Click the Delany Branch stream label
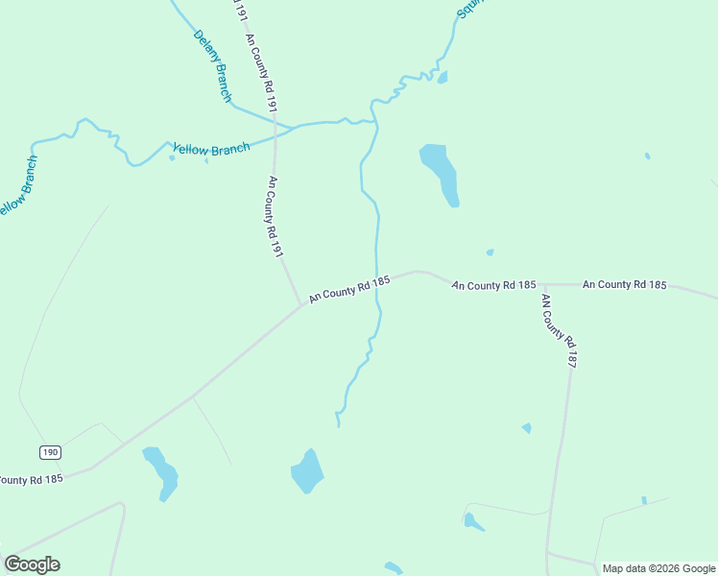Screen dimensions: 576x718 coord(212,65)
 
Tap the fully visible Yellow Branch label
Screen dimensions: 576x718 coord(210,150)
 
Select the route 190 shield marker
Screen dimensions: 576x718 coord(51,451)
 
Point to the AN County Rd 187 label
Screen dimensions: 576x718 coord(558,331)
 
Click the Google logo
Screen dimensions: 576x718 coord(32,564)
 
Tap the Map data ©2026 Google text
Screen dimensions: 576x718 coord(659,568)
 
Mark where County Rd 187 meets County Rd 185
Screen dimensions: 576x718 coord(544,285)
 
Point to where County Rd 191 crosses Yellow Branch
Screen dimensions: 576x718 coord(275,130)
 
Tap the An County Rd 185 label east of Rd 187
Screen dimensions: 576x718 coord(624,285)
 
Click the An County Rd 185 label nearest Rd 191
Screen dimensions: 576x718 coord(349,289)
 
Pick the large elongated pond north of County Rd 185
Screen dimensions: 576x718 coord(441,173)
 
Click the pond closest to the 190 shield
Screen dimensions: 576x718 coord(161,471)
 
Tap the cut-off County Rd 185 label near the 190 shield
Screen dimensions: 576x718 coord(31,479)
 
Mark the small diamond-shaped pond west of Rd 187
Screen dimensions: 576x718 coord(526,428)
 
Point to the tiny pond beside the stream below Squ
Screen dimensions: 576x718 coord(442,77)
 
